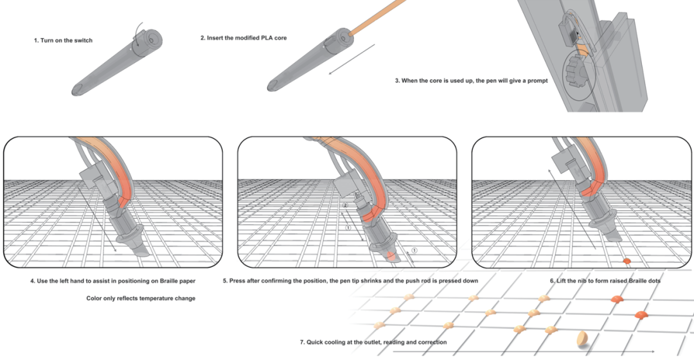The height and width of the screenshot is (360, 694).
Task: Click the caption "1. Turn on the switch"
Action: (x=63, y=40)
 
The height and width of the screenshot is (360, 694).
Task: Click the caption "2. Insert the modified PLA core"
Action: (x=244, y=38)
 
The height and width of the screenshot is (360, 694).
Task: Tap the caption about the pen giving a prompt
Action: (x=472, y=80)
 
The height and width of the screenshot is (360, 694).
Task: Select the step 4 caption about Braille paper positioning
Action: (x=113, y=281)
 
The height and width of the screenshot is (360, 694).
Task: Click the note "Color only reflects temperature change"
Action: (x=141, y=298)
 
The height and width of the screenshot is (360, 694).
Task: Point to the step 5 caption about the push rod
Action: (x=350, y=281)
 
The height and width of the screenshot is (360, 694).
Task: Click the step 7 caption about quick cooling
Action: (x=373, y=342)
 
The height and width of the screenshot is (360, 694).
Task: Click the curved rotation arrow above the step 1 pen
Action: (x=139, y=33)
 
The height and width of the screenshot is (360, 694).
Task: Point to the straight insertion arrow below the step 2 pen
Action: (x=352, y=59)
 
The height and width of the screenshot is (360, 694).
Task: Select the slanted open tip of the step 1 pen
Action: (x=78, y=89)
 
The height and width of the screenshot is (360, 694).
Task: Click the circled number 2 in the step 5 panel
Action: (x=346, y=206)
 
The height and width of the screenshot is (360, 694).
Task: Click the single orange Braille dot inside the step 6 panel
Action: (x=627, y=261)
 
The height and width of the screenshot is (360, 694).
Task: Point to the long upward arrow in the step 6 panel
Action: (x=572, y=209)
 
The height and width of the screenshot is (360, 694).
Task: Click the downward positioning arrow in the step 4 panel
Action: (x=98, y=220)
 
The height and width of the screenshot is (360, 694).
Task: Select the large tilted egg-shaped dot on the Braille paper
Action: (x=582, y=339)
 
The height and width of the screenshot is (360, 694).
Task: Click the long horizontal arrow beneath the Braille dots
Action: (x=524, y=352)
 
